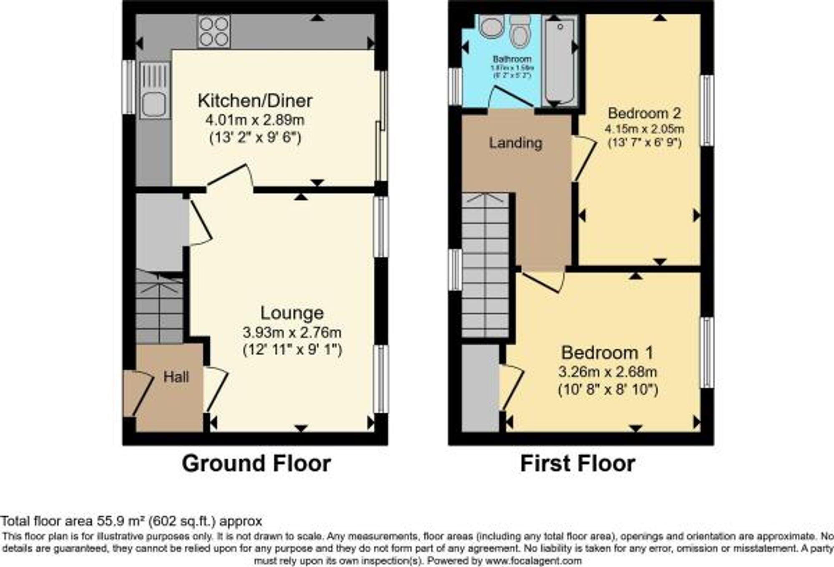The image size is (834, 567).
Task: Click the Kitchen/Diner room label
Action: click(x=255, y=101)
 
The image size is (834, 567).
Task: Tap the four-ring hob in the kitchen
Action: click(x=214, y=32)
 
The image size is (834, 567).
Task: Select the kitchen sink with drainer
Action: click(x=155, y=90)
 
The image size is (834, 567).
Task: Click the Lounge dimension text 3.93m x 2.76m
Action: click(x=292, y=333)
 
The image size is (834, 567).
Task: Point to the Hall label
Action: click(x=176, y=377)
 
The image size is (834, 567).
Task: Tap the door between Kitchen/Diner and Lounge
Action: click(x=230, y=177)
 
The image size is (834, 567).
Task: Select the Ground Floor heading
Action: click(x=256, y=464)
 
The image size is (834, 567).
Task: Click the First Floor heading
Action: click(x=578, y=464)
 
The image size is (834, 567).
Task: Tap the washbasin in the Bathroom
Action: click(x=492, y=26)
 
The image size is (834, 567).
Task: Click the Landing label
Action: click(x=515, y=143)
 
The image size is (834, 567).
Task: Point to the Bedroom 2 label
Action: click(x=644, y=113)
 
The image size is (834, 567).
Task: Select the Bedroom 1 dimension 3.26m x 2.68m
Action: click(x=608, y=372)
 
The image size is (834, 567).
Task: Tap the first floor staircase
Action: click(x=485, y=267)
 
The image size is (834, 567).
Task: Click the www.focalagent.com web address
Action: click(x=533, y=561)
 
